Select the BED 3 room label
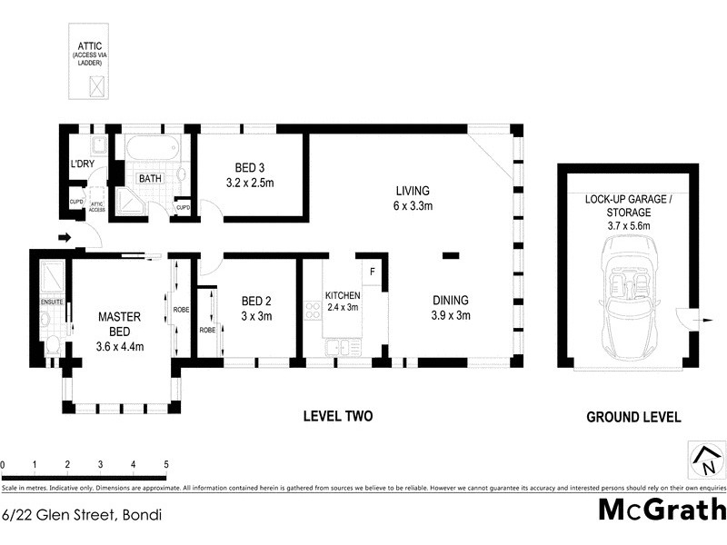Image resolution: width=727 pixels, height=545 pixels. (249, 168)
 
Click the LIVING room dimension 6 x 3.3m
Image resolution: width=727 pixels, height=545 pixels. (412, 206)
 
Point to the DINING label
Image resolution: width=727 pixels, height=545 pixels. (450, 299)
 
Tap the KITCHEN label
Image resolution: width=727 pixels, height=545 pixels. (343, 295)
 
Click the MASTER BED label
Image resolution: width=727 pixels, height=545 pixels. (120, 323)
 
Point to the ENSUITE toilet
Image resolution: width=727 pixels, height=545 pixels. (53, 344)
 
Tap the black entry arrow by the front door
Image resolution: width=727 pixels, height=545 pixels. (64, 239)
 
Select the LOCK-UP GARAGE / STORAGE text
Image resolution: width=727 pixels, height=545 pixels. (629, 204)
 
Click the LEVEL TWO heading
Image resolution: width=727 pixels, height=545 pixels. (337, 417)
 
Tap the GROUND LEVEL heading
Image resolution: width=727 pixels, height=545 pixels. (633, 417)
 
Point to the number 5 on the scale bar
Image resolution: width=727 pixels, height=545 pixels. (165, 464)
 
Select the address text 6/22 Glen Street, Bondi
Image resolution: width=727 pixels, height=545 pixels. (82, 515)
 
